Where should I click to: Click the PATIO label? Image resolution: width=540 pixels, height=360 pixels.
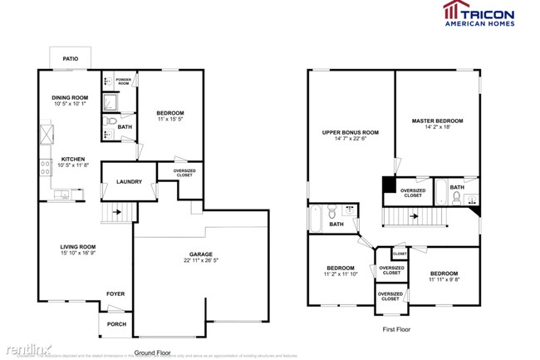[71, 59]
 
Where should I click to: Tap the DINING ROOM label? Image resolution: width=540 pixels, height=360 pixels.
[71, 97]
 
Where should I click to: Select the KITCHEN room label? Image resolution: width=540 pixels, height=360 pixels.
[71, 160]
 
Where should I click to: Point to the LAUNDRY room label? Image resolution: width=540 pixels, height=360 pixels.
[129, 181]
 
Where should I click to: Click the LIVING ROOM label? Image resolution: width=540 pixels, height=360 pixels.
[77, 246]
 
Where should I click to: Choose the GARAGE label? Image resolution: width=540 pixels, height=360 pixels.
[200, 254]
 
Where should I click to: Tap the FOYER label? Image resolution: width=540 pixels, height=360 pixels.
[115, 293]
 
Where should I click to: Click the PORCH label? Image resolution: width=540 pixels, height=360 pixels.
[117, 323]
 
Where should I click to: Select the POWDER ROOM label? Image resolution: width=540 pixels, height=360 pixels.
[123, 82]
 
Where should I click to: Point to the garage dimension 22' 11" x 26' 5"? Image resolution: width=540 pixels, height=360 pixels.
[200, 262]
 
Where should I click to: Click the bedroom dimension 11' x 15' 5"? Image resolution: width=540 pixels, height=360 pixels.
[170, 120]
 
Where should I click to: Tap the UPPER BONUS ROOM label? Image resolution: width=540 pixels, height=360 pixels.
[351, 132]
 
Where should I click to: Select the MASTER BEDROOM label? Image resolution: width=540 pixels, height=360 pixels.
[437, 121]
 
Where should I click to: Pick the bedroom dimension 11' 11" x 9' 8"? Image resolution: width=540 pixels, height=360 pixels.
[444, 280]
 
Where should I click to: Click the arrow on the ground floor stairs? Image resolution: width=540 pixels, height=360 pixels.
[118, 213]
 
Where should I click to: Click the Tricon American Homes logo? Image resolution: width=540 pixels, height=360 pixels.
[478, 14]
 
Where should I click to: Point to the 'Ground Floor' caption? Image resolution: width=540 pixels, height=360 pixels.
[152, 353]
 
